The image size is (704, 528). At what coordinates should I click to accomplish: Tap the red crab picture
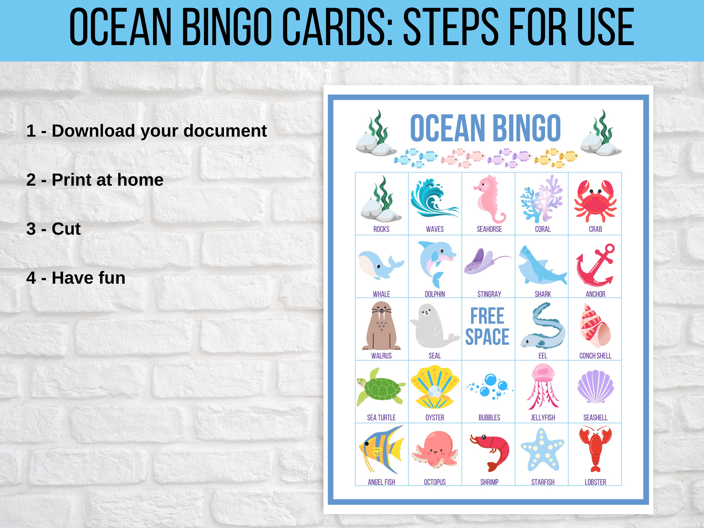click(x=595, y=201)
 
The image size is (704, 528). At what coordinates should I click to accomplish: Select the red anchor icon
click(x=594, y=265)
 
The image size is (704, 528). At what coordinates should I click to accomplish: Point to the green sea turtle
click(x=381, y=388)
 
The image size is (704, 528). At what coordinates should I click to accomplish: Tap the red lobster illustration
click(x=595, y=449)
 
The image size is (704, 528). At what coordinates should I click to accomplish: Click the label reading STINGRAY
click(x=489, y=294)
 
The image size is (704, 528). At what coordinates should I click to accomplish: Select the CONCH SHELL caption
click(x=595, y=356)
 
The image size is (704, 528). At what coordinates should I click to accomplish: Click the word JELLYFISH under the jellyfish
click(x=543, y=417)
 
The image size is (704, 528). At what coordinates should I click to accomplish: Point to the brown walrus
click(x=381, y=326)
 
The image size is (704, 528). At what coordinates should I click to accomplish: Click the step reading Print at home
click(x=95, y=180)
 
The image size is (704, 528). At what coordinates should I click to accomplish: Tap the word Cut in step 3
click(x=66, y=229)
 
